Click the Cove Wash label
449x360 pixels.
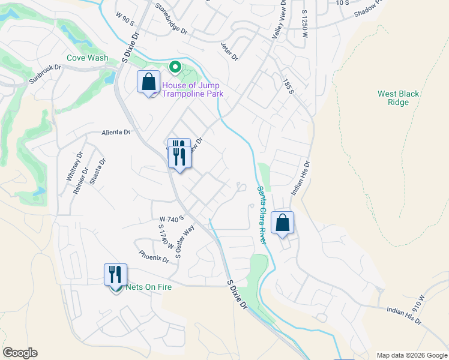[x=88, y=58]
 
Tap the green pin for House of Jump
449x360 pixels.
[x=175, y=67]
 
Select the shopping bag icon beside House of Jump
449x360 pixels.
[x=148, y=82]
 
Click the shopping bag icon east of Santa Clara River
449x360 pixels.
[x=282, y=223]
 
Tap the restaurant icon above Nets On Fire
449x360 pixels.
[x=115, y=275]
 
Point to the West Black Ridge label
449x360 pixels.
[x=398, y=98]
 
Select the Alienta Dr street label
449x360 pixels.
[x=116, y=132]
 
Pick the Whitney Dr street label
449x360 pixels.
[x=74, y=167]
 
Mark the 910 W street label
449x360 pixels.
[x=418, y=305]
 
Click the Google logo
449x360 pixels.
[x=20, y=353]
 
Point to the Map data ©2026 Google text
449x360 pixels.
[x=411, y=355]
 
